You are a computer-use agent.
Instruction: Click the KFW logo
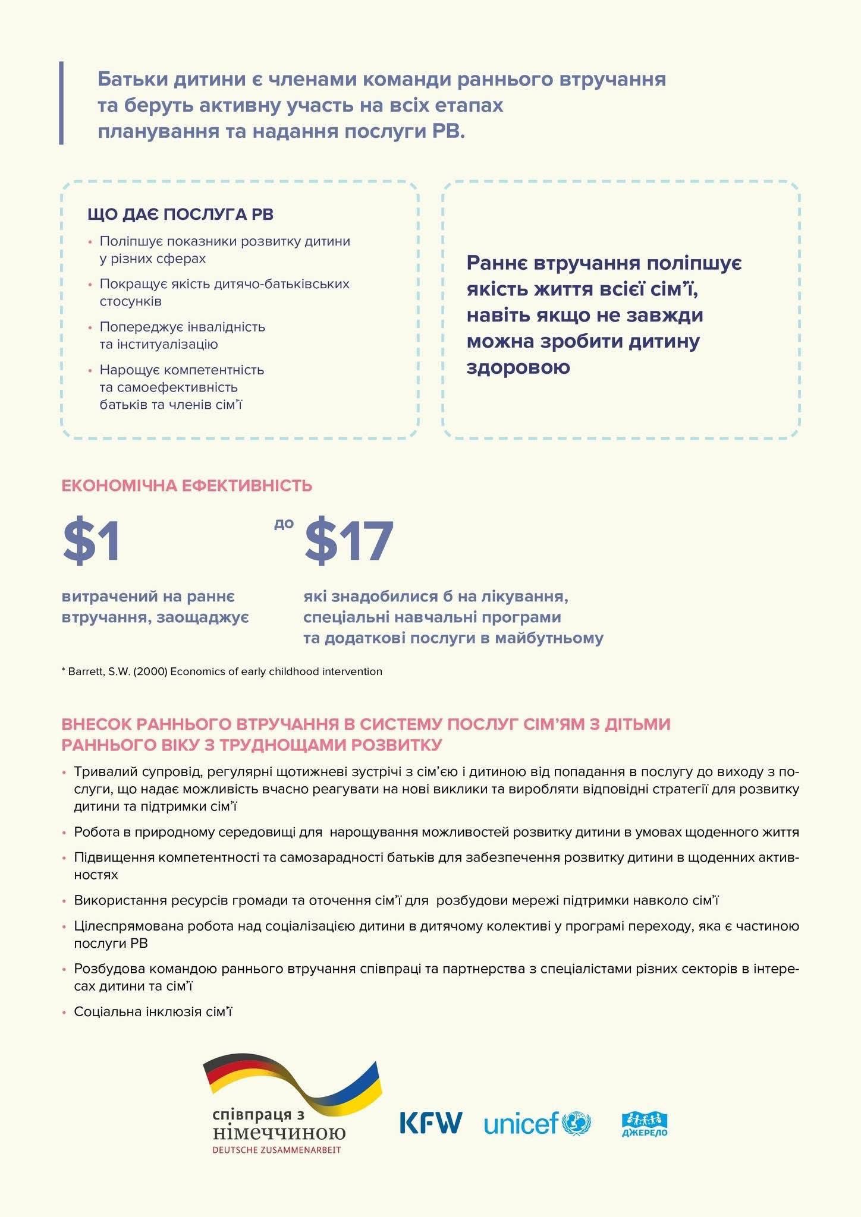click(430, 1122)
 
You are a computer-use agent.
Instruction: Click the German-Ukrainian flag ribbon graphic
click(293, 1085)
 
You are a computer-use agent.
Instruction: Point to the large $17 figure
click(349, 540)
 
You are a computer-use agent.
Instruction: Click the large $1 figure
click(92, 540)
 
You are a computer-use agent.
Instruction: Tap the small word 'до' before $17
click(284, 524)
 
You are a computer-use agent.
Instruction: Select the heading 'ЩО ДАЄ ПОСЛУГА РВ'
click(180, 215)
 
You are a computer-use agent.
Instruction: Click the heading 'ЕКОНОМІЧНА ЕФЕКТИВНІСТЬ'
click(187, 485)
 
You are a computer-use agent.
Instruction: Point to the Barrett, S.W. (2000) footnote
click(222, 671)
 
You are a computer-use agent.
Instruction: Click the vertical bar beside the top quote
click(61, 103)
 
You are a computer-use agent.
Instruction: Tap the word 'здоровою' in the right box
click(519, 367)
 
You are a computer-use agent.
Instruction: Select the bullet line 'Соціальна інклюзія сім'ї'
click(152, 1011)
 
